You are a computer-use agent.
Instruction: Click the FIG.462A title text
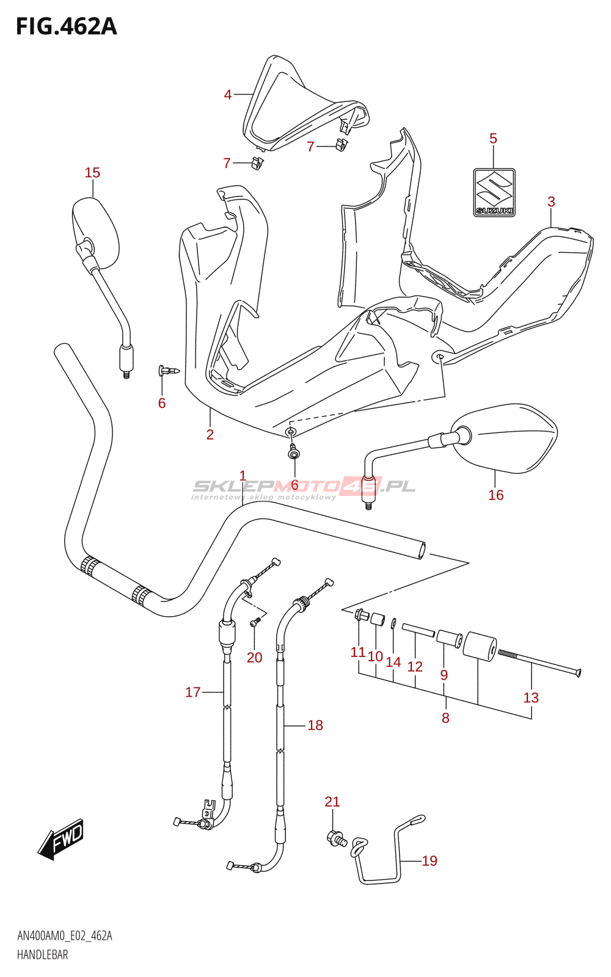(x=67, y=27)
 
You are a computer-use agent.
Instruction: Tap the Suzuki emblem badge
(x=494, y=193)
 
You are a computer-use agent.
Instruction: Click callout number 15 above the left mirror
(x=92, y=173)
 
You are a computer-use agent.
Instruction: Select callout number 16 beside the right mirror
(x=496, y=495)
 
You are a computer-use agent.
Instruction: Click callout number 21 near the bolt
(x=332, y=802)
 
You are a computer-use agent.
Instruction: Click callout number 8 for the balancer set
(x=445, y=717)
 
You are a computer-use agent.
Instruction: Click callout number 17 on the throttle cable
(x=193, y=692)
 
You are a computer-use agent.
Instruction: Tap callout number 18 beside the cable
(x=315, y=725)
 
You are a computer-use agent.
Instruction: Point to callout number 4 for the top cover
(x=227, y=94)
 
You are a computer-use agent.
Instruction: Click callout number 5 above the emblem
(x=493, y=139)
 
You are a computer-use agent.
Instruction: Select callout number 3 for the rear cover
(x=551, y=202)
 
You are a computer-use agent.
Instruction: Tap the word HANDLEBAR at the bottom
(x=42, y=955)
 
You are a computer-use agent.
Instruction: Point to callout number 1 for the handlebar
(x=243, y=476)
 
